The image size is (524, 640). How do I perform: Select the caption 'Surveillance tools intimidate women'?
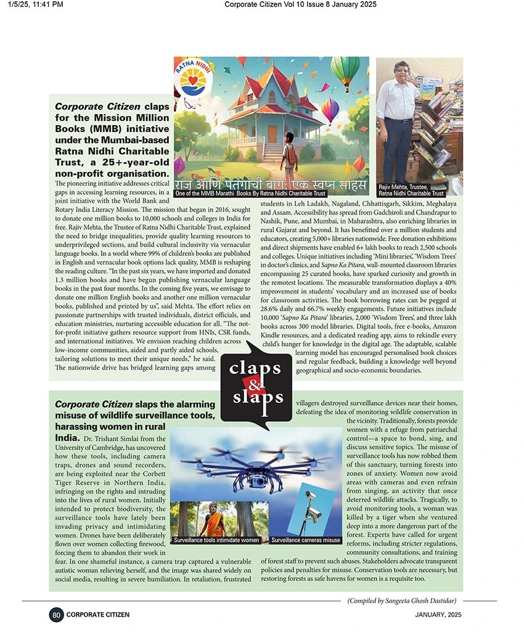[216, 540]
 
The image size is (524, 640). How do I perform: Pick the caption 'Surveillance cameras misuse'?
[306, 540]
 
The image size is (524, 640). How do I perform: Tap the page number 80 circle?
[56, 614]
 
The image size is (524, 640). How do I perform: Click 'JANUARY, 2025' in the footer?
[438, 614]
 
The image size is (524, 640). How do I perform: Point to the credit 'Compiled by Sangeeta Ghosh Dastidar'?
[401, 601]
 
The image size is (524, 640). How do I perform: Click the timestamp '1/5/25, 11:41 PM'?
[36, 5]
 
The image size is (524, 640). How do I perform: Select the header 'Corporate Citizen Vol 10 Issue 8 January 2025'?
[300, 5]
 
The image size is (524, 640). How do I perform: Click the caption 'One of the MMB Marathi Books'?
[250, 194]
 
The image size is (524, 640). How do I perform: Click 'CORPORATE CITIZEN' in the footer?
[98, 614]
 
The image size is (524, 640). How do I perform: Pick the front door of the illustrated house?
[272, 134]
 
